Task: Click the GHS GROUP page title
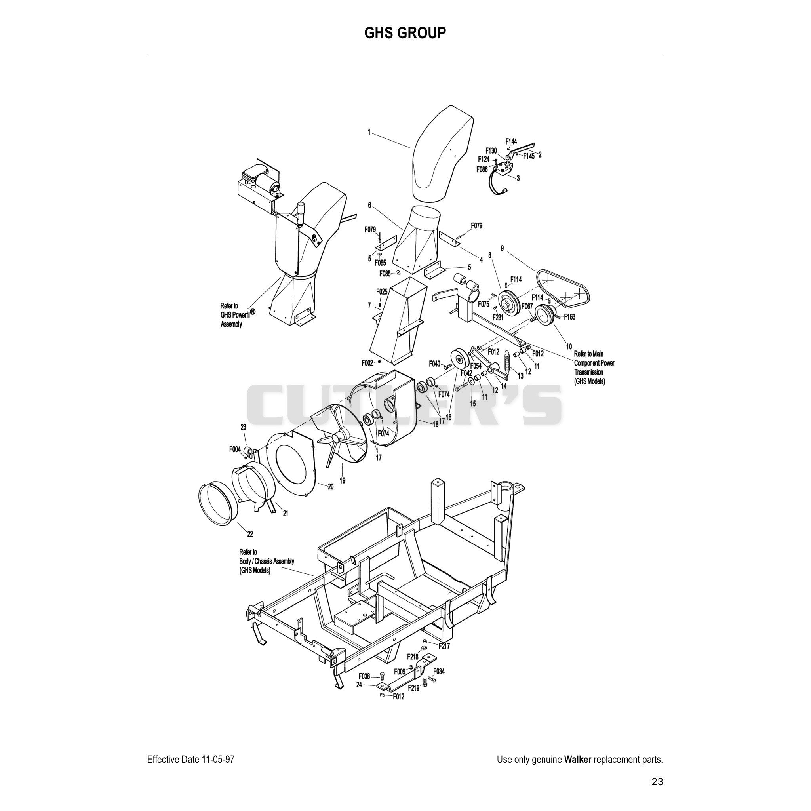pos(405,32)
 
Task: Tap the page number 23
pos(657,782)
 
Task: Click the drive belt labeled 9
pos(562,288)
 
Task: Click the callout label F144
pos(511,141)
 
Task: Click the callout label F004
pos(235,449)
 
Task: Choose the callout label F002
pos(367,363)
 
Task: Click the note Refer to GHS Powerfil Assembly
pos(238,315)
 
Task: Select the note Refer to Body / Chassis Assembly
pos(267,561)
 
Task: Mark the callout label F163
pos(569,317)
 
